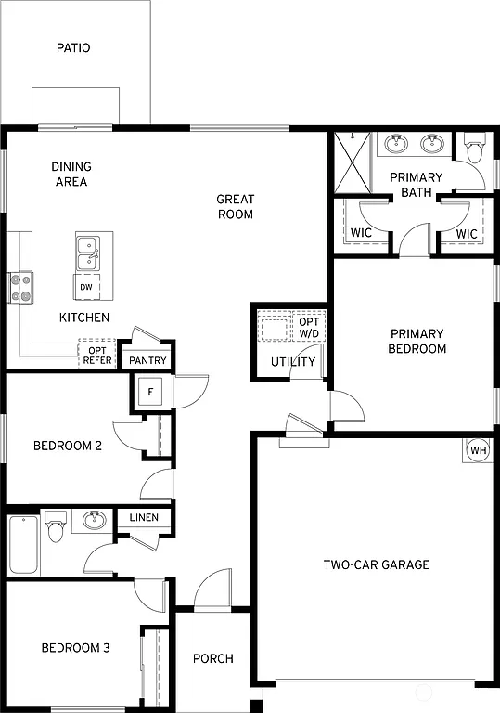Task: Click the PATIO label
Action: tap(73, 47)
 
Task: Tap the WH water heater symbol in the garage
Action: tap(478, 450)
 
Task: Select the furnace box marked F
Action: tap(150, 392)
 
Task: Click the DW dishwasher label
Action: tap(86, 287)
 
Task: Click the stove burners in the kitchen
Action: tap(20, 287)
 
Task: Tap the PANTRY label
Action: tap(147, 360)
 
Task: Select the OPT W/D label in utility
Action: tap(308, 328)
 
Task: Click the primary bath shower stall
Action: tap(353, 162)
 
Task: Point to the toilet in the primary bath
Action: tap(474, 148)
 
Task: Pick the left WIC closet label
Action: tap(361, 234)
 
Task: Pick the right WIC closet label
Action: tap(467, 234)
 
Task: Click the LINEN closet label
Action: tap(144, 518)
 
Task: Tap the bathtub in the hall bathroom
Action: tap(24, 545)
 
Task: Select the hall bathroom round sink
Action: tap(92, 521)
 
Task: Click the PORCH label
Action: tap(212, 658)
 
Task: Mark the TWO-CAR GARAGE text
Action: tap(376, 564)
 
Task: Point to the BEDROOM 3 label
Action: tap(75, 648)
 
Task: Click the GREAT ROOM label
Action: tap(235, 206)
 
